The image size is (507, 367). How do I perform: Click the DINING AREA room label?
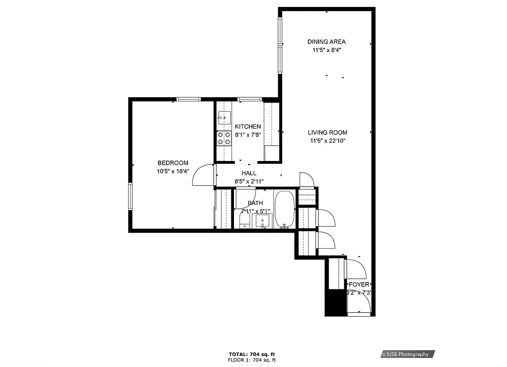(326, 42)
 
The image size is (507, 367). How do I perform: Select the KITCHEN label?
(248, 127)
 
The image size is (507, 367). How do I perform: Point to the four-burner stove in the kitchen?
(224, 138)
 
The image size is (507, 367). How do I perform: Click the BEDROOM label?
(173, 163)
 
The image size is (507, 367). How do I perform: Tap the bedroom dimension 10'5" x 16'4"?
(173, 171)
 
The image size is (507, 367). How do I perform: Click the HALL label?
(249, 173)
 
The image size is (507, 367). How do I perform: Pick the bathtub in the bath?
(285, 209)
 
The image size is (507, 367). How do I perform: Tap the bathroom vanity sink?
(263, 221)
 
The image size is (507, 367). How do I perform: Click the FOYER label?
(359, 285)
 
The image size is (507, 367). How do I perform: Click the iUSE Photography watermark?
(407, 354)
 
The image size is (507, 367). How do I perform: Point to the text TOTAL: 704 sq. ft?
(252, 354)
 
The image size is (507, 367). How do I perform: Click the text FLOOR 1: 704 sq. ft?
(252, 360)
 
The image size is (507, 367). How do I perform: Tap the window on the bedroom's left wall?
(130, 196)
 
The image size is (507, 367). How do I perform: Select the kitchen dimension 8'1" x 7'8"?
(248, 135)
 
